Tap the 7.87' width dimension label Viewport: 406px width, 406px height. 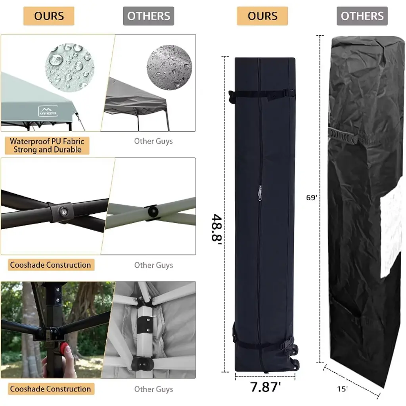tap(266, 387)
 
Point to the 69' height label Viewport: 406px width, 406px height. tap(312, 197)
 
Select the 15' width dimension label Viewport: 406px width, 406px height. tap(342, 389)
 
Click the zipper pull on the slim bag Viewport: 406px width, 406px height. tap(260, 193)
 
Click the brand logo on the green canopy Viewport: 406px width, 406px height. tap(48, 111)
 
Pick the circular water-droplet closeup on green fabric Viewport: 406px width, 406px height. tap(70, 67)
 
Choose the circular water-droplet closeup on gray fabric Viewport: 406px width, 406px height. tap(169, 67)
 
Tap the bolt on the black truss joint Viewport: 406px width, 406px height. tap(63, 212)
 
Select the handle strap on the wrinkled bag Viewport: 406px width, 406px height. tap(343, 136)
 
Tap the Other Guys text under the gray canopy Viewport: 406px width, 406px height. tap(153, 141)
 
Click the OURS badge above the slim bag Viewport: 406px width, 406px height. tap(262, 16)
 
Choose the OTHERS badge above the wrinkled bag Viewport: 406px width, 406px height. tap(362, 16)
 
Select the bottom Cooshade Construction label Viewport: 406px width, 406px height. tap(51, 389)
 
